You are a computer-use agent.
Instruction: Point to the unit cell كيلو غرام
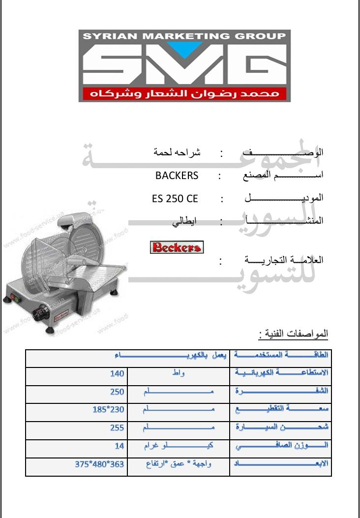tap(179, 445)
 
